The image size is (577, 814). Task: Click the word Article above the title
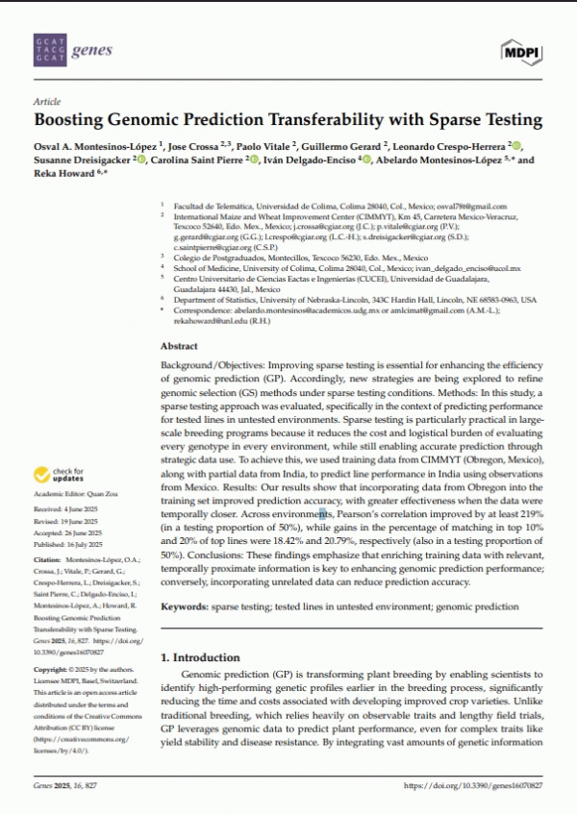click(x=47, y=101)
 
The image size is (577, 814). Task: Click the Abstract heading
click(x=178, y=345)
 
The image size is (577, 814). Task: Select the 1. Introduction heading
click(x=200, y=657)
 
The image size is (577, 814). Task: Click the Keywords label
click(x=187, y=606)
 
